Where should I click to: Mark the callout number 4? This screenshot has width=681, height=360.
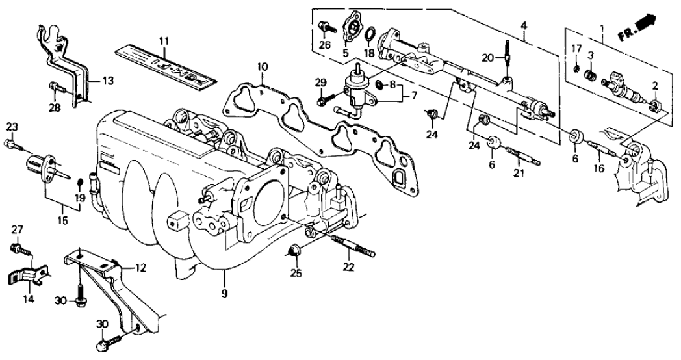coord(523,25)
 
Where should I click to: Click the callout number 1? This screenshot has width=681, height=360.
coord(602,29)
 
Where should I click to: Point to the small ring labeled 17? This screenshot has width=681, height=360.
coord(576,68)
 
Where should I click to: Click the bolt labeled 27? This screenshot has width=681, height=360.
coord(18,248)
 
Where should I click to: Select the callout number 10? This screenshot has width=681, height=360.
coord(261,66)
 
